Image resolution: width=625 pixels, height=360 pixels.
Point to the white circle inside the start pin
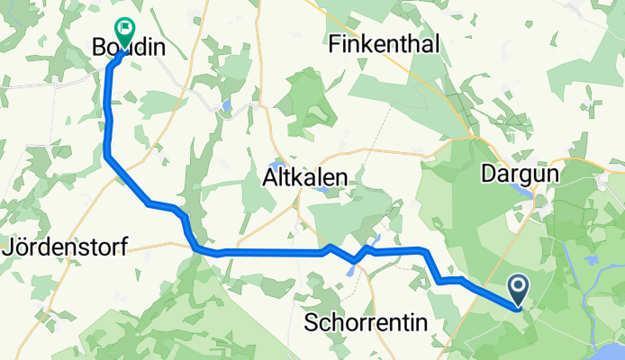click(520, 286)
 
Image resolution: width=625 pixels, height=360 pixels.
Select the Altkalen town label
click(304, 178)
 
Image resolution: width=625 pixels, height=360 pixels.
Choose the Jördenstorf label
click(67, 245)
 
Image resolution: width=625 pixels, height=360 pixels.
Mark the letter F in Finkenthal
click(336, 43)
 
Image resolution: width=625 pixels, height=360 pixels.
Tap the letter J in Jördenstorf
click(12, 245)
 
